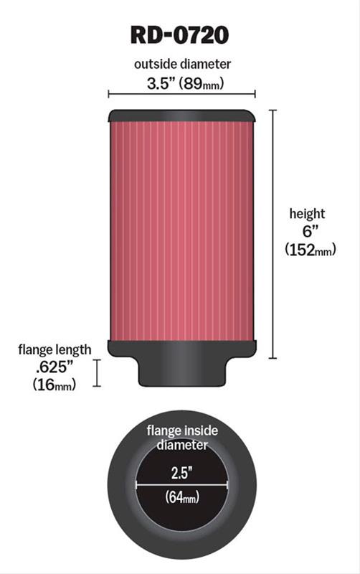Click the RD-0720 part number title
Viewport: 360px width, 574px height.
180,34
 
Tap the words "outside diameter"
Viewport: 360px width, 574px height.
182,64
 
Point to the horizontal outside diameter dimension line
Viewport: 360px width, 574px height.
181,94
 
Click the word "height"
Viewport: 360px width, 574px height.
307,213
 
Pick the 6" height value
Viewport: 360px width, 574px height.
307,231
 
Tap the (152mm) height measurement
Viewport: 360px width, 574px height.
311,250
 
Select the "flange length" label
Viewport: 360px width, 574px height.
55,349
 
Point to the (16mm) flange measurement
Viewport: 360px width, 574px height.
55,385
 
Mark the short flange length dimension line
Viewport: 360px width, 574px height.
98,373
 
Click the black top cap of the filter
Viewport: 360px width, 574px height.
181,116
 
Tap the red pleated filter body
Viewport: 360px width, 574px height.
181,230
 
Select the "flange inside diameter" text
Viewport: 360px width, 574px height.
182,438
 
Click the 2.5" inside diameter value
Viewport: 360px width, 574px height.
182,472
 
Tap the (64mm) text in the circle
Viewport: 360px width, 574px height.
182,497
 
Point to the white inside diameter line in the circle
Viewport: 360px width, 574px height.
182,485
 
